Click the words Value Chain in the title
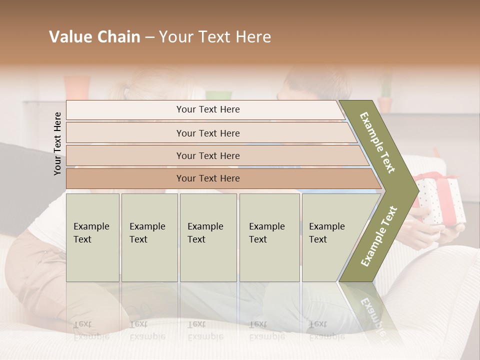coord(94,37)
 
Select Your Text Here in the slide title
coord(215,37)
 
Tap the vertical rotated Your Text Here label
coord(58,143)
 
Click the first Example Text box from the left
coord(92,237)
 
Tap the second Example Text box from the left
coord(149,237)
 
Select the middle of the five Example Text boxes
coord(208,237)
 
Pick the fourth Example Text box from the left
coord(269,237)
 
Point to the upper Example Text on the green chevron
coord(377,142)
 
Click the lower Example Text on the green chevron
coord(378,236)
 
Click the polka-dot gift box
coord(440,200)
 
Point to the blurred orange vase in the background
coord(76,88)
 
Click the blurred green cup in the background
coord(218,95)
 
